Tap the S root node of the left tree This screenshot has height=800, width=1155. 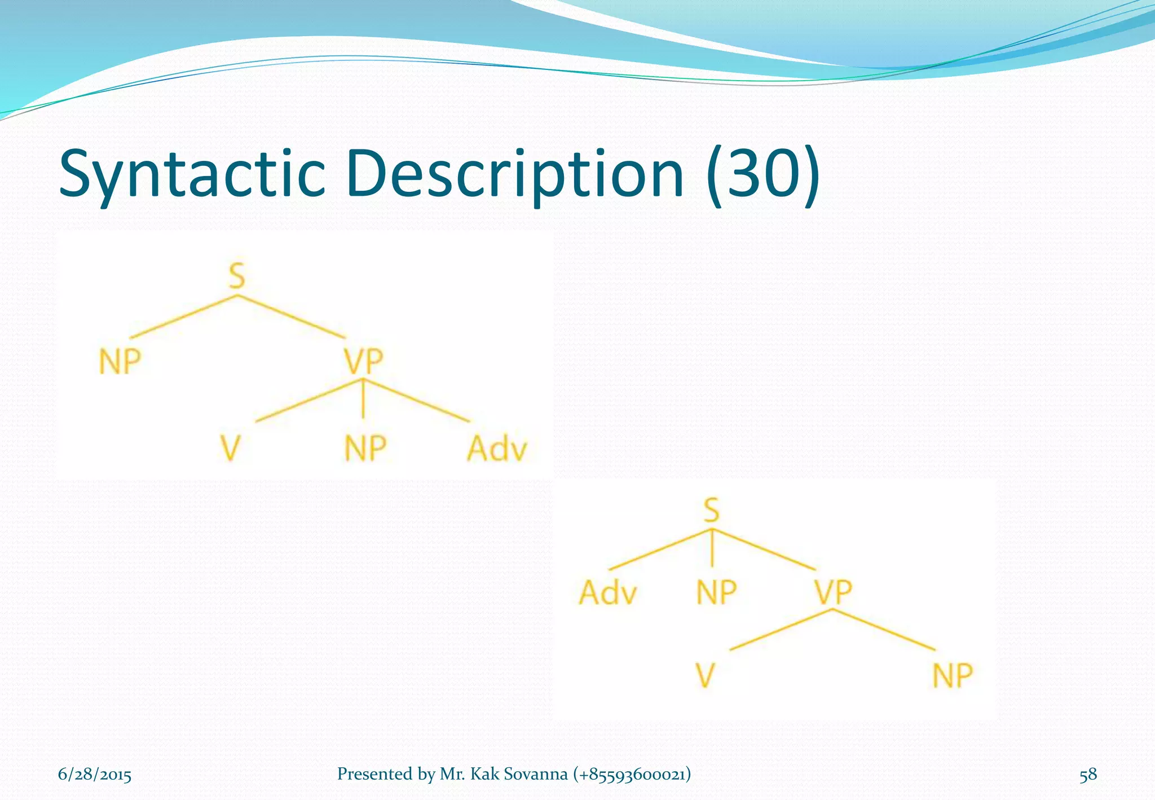[x=237, y=276]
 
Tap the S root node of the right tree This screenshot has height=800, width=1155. [x=712, y=510]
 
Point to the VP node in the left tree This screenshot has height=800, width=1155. [x=364, y=361]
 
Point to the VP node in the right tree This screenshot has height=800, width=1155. [x=833, y=592]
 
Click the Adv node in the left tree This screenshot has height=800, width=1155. [x=497, y=449]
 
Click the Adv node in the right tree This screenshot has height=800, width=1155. [x=608, y=592]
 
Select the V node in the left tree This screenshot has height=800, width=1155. [x=230, y=449]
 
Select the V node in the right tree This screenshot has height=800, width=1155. [x=705, y=675]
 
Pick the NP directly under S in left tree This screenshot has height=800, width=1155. [x=120, y=361]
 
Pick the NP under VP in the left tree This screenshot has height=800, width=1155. [x=365, y=449]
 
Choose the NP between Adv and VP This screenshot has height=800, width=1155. [x=716, y=592]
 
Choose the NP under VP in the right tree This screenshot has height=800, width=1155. [x=953, y=675]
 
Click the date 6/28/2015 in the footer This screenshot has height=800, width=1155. [x=95, y=774]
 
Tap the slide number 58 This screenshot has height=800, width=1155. [x=1088, y=774]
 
